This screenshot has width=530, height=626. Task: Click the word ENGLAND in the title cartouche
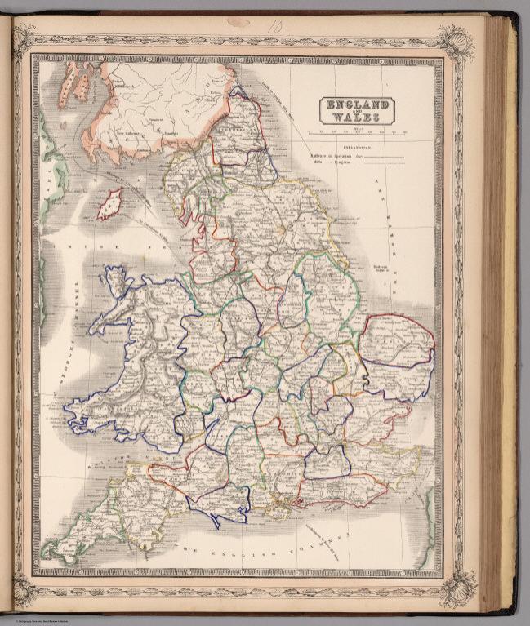click(356, 104)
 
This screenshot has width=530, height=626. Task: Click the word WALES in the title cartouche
click(356, 118)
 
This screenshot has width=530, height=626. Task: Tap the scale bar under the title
click(358, 130)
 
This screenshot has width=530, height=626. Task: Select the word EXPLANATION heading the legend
click(358, 148)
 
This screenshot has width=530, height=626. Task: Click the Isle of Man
click(109, 203)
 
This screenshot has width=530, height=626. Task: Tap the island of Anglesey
click(118, 282)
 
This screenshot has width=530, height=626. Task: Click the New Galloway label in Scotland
click(131, 128)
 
